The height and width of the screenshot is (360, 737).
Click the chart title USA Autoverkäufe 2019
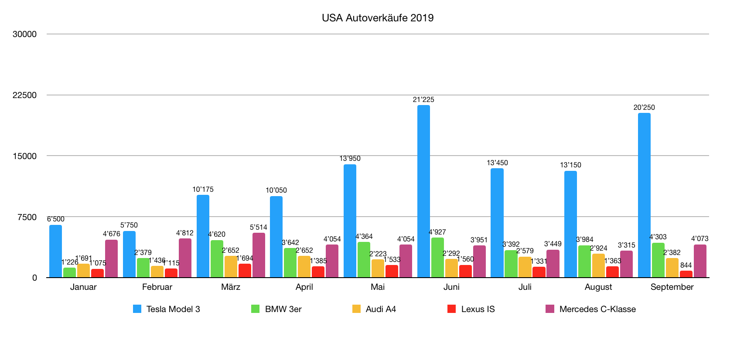click(378, 18)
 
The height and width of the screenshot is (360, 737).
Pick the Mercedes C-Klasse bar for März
click(259, 255)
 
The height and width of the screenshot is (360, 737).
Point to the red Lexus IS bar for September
click(686, 274)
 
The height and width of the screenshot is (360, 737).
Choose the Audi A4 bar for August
click(598, 265)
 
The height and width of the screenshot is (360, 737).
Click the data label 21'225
click(423, 100)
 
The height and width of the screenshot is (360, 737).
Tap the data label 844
click(686, 265)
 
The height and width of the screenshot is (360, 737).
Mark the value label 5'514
click(259, 227)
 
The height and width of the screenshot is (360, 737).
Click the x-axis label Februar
click(157, 287)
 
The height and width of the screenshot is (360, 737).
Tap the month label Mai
click(378, 287)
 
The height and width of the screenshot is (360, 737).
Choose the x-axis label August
click(598, 287)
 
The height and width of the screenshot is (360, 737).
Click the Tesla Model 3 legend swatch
click(137, 309)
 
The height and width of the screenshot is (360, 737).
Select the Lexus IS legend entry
click(478, 309)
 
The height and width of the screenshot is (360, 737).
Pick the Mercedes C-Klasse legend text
click(597, 309)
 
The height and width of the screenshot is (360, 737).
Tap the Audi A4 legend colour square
click(357, 309)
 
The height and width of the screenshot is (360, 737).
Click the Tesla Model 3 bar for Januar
click(55, 251)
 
